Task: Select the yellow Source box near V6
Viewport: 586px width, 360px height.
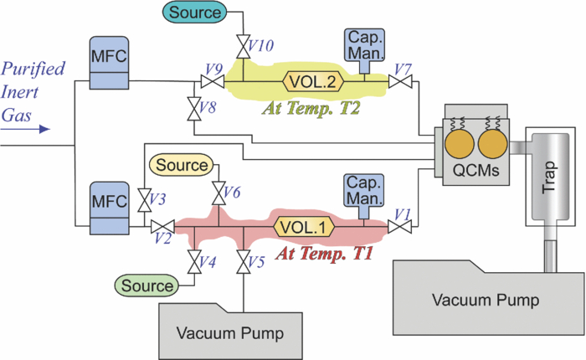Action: coord(182,165)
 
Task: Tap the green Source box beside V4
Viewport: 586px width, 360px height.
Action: coord(146,285)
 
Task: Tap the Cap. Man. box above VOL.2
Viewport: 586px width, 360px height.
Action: coord(364,44)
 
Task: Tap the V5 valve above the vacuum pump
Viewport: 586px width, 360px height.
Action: coord(244,264)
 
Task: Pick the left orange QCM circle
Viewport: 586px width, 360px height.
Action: coord(457,148)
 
